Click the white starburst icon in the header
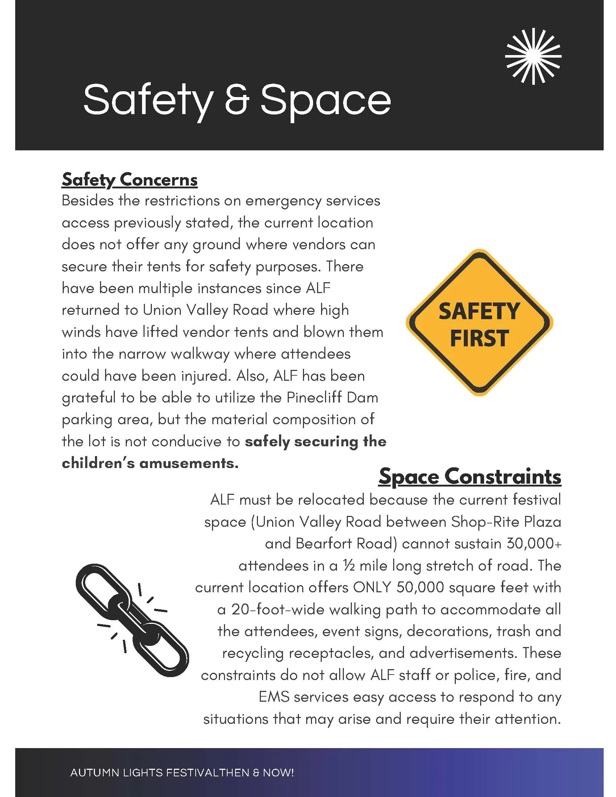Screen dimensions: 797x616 (533, 56)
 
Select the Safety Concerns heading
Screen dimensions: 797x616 (130, 180)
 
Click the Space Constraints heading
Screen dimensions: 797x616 (470, 477)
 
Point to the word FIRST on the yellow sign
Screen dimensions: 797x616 (479, 338)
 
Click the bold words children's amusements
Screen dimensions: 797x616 (150, 463)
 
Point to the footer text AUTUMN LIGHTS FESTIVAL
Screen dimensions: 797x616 (153, 773)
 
